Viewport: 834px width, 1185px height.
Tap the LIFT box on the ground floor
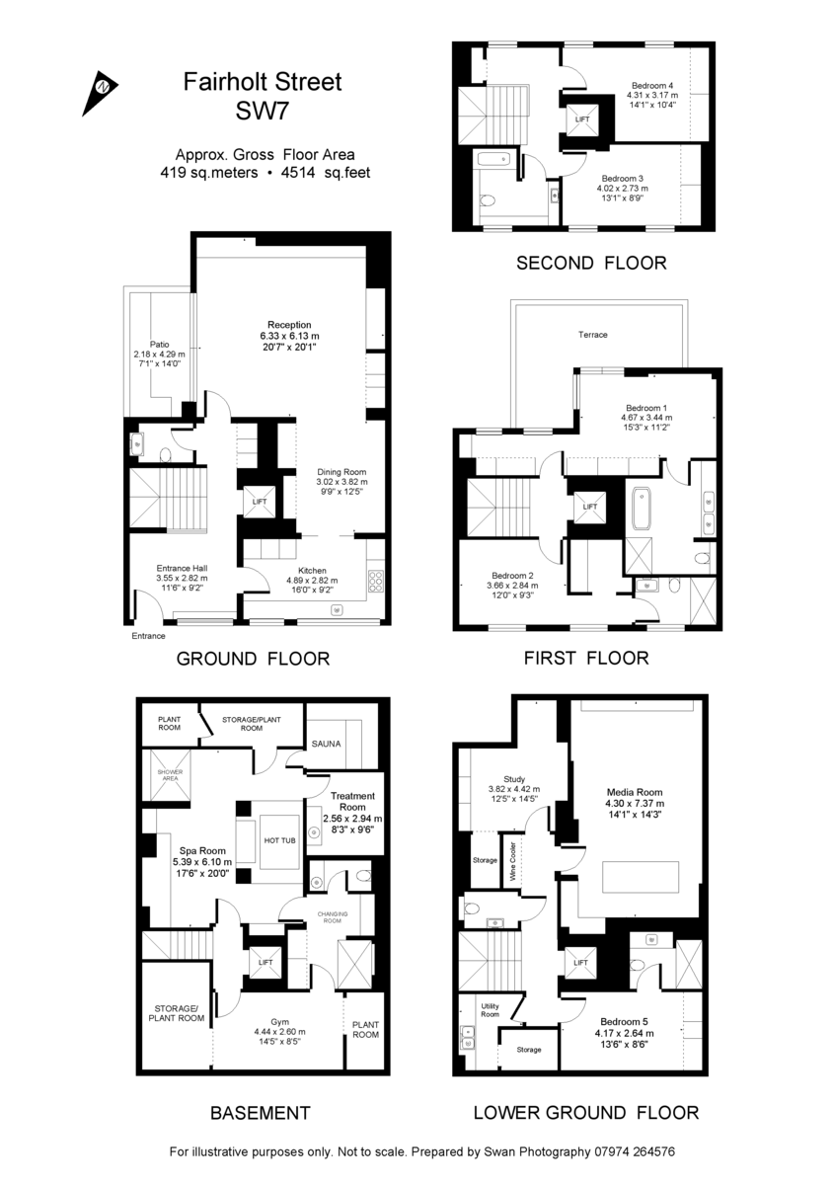click(x=260, y=501)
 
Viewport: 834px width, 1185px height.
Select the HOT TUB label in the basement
click(x=279, y=840)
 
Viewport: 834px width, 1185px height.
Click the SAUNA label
click(x=326, y=744)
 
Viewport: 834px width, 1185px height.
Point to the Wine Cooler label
click(x=512, y=861)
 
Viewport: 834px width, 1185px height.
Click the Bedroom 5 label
click(x=624, y=1021)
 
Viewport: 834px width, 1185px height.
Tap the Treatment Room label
click(x=352, y=801)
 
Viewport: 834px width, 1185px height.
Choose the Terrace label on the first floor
click(x=593, y=335)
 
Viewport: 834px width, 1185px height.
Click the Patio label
click(x=159, y=345)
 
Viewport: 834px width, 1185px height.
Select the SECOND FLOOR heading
click(x=591, y=263)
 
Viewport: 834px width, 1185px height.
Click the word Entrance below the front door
click(x=148, y=636)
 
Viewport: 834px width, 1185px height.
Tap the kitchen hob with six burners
click(x=376, y=581)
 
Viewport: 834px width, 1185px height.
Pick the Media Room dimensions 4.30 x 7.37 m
click(x=635, y=803)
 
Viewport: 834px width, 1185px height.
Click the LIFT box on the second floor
click(x=582, y=119)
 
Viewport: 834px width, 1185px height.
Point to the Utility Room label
click(x=490, y=1010)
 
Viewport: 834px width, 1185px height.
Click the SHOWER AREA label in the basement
click(x=171, y=775)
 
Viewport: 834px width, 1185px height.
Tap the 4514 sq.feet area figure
click(x=326, y=173)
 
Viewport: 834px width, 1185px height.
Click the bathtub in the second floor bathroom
click(x=493, y=158)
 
